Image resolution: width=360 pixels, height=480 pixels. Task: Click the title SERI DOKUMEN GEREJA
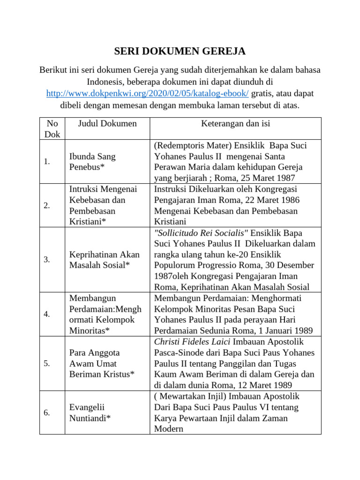(x=180, y=51)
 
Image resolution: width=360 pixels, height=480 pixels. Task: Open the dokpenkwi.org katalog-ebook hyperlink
(x=147, y=93)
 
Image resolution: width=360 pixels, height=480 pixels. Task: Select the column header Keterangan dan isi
(x=235, y=124)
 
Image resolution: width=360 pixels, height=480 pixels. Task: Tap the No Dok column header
(x=52, y=128)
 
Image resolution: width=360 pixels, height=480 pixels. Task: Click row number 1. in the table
(x=47, y=162)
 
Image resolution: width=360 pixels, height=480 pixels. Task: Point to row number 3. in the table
(x=47, y=260)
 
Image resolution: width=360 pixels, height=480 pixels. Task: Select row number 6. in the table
(x=47, y=412)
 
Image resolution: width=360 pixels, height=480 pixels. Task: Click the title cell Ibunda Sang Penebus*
(x=92, y=162)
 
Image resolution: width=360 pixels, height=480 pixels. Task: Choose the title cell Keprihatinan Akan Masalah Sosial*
(x=105, y=260)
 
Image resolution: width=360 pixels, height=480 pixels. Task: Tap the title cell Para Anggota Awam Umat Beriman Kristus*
(x=102, y=363)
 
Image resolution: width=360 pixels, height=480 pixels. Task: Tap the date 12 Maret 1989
(x=269, y=385)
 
